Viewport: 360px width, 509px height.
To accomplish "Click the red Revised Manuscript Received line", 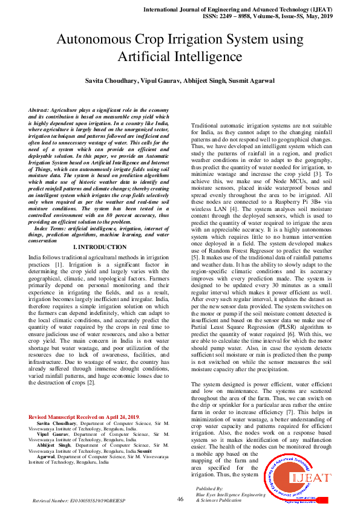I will coord(84,418).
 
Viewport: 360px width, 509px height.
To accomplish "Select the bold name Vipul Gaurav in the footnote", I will coord(54,433).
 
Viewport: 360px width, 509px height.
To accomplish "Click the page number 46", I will coord(180,499).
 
